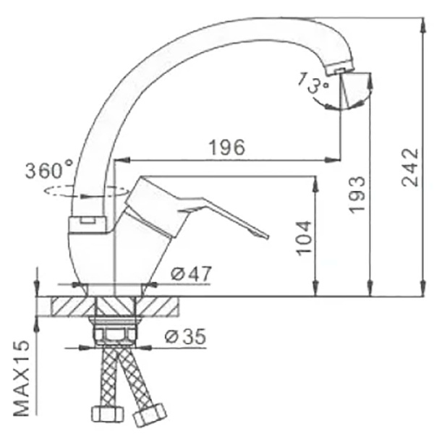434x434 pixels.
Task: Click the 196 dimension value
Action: pos(226,147)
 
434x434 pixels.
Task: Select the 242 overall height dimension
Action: pos(410,168)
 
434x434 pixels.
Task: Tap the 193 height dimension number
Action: pos(356,193)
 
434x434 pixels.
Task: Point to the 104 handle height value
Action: pos(304,237)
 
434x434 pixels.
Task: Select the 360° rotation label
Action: pos(49,171)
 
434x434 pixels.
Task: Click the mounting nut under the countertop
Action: pos(114,334)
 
